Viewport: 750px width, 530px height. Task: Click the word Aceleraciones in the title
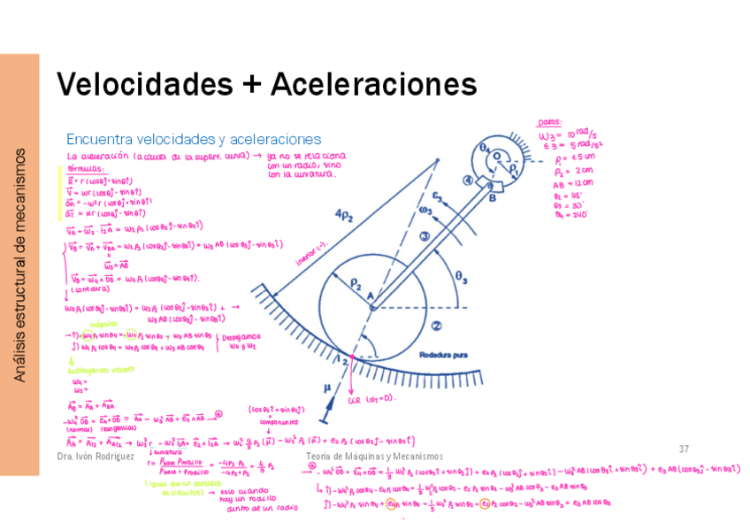pos(374,85)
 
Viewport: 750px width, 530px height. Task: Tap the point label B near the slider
pos(492,198)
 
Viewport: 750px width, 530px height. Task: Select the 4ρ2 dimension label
pos(345,218)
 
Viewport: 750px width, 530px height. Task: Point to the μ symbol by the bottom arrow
pos(327,387)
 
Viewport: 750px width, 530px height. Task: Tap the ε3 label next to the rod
pos(437,197)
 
